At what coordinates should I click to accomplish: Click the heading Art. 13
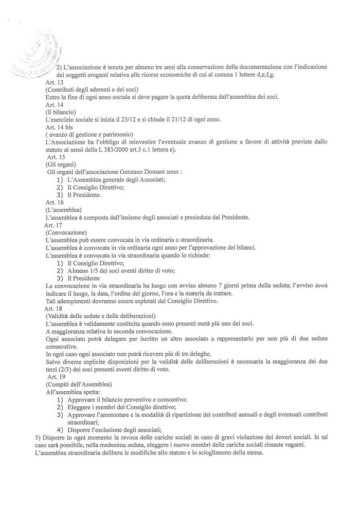coord(55,83)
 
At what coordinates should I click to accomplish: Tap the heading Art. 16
coord(55,203)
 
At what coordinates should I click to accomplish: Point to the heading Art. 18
coord(53,307)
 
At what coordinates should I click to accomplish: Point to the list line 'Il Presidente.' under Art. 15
coord(83,195)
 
